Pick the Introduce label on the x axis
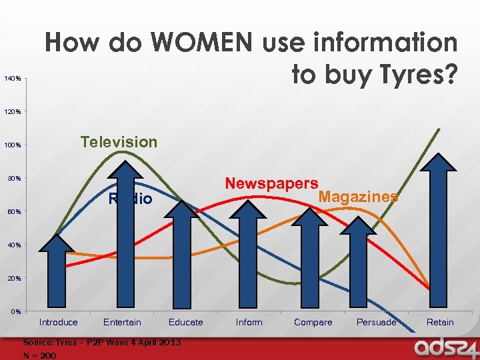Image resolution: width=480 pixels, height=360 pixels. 59,323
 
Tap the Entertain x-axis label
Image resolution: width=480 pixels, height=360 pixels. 122,323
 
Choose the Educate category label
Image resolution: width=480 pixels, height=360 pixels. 185,323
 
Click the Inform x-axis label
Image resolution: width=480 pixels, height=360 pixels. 249,323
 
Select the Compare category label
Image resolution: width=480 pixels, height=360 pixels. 313,323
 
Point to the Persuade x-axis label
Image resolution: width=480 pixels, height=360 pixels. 376,323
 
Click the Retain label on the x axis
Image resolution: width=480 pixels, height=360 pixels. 440,323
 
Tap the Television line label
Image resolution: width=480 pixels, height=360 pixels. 119,142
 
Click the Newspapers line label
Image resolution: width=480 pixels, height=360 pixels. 271,183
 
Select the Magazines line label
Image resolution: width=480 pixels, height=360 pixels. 359,197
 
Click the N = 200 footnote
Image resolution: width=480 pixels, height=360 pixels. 40,355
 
